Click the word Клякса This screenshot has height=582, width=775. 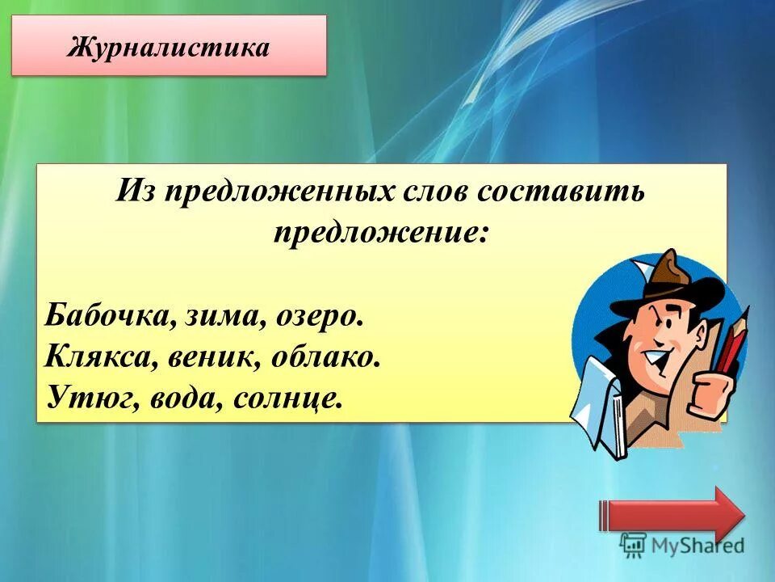coord(97,356)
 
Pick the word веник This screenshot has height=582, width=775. coord(210,356)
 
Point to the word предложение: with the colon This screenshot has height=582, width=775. coord(380,234)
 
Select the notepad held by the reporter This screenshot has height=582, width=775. coord(596,404)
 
